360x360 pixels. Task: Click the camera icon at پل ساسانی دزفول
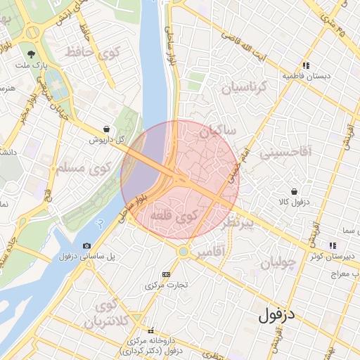[x=86, y=245]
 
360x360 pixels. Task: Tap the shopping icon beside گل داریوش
[x=105, y=129]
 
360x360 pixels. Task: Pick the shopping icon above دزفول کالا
[x=293, y=191]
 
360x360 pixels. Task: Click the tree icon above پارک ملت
[x=31, y=53]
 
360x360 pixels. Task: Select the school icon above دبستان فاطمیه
[x=306, y=65]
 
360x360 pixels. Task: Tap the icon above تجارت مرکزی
[x=166, y=274]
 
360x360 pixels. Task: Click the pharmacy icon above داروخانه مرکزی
[x=150, y=330]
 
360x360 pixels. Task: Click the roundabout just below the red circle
[x=183, y=251]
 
